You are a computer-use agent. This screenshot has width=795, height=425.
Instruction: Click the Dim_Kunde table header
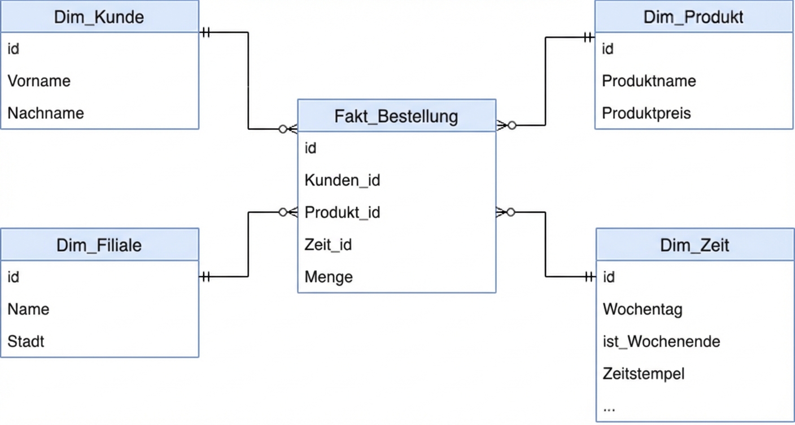point(99,17)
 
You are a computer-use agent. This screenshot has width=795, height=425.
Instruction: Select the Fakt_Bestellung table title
point(396,116)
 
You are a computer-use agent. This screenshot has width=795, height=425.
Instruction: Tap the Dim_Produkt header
point(693,17)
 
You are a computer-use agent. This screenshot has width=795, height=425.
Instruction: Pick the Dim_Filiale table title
point(99,245)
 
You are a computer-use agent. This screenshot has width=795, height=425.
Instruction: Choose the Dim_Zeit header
point(694,245)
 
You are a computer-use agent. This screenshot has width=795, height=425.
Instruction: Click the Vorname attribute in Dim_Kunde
point(39,81)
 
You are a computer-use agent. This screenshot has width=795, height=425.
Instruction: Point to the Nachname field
point(46,113)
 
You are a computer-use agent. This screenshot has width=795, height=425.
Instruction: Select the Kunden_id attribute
point(342,180)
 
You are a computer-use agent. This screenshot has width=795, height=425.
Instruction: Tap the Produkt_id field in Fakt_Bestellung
point(342,212)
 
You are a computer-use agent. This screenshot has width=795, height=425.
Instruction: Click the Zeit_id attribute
point(328,245)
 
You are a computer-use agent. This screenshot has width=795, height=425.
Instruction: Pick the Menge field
point(329,277)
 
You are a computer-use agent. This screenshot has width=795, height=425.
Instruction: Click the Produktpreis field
point(647,113)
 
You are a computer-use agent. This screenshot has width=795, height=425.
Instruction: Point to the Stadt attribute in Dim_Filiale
point(26,341)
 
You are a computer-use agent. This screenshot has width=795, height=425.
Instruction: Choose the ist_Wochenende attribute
point(661,341)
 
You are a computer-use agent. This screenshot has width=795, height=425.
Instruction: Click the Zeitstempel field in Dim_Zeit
point(644,374)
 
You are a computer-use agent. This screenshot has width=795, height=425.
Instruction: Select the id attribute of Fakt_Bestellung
point(311,148)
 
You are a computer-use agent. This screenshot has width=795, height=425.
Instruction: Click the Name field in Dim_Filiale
point(28,309)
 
